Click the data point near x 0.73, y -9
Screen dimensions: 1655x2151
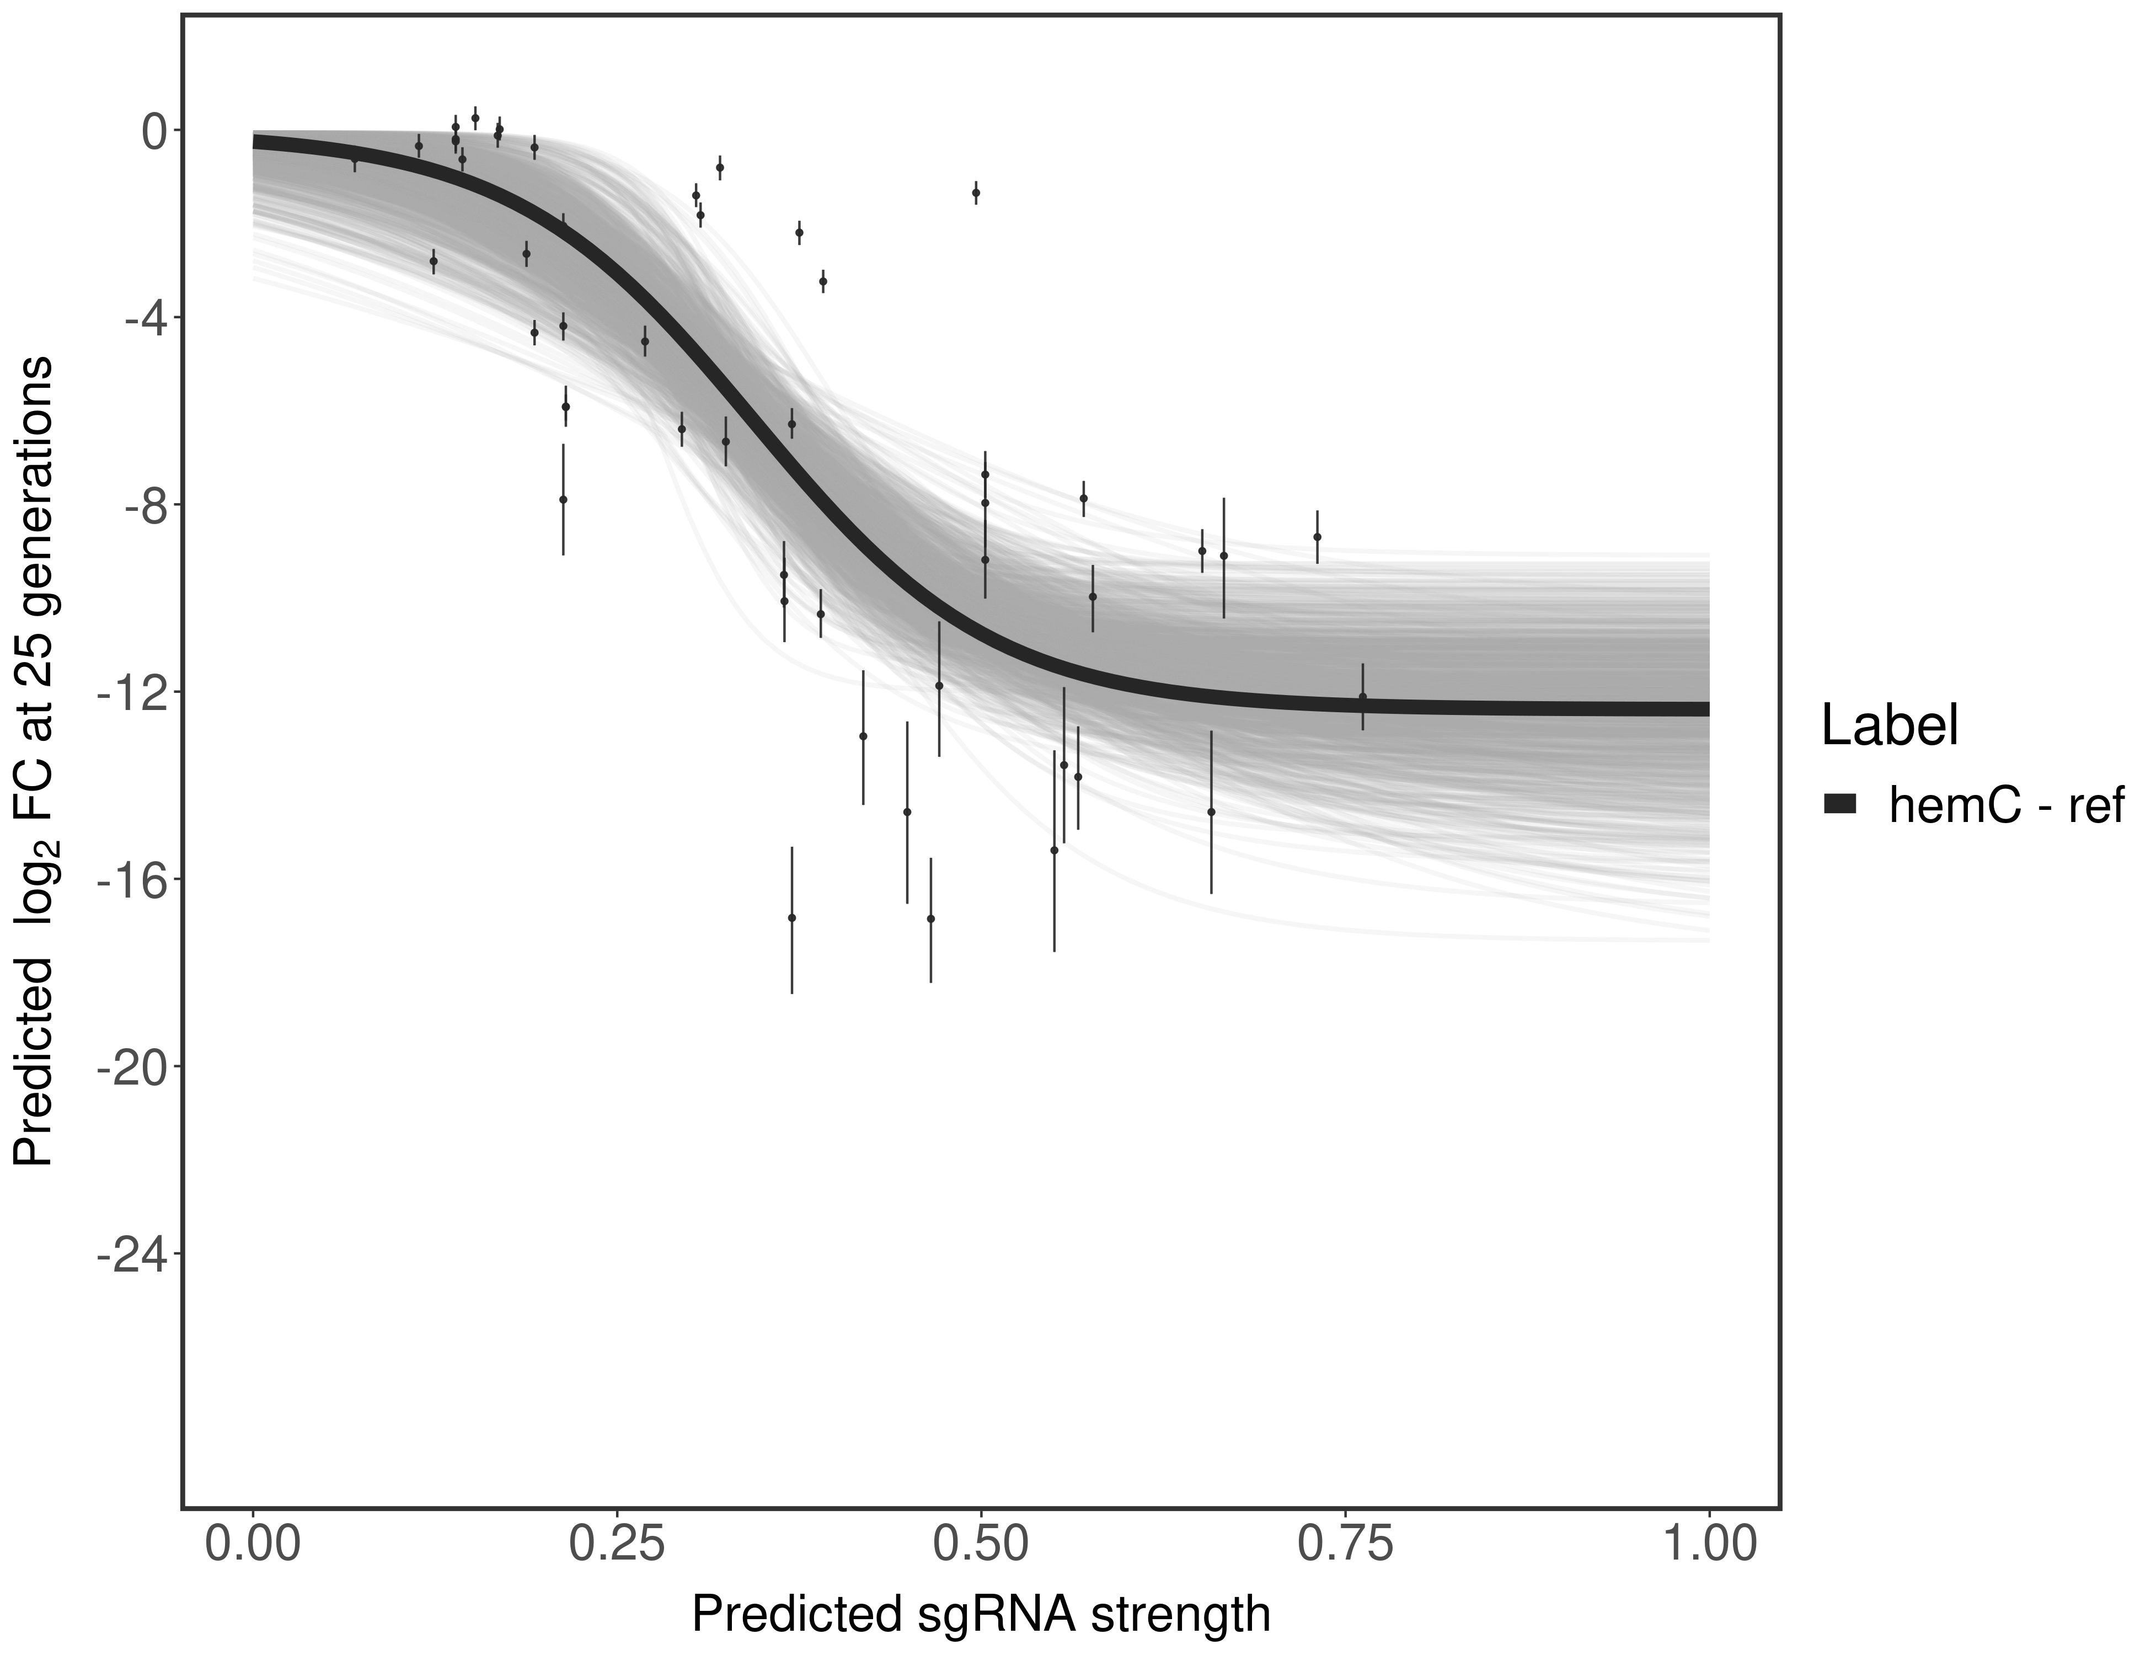[x=1317, y=537]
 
